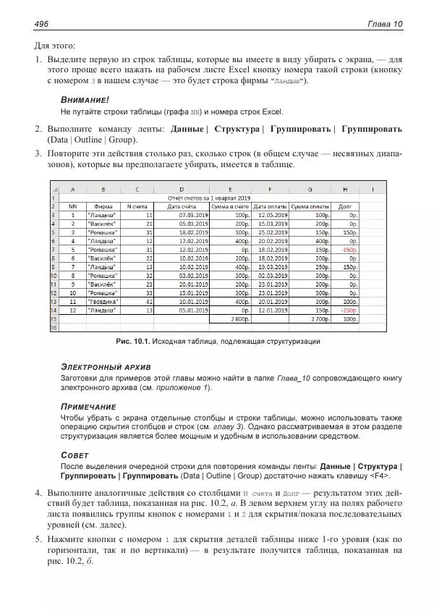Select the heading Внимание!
(x=84, y=99)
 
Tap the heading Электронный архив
(x=106, y=367)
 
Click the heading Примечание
(x=88, y=407)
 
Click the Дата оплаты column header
(x=269, y=206)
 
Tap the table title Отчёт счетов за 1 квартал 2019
(x=208, y=198)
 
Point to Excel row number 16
(x=52, y=327)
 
